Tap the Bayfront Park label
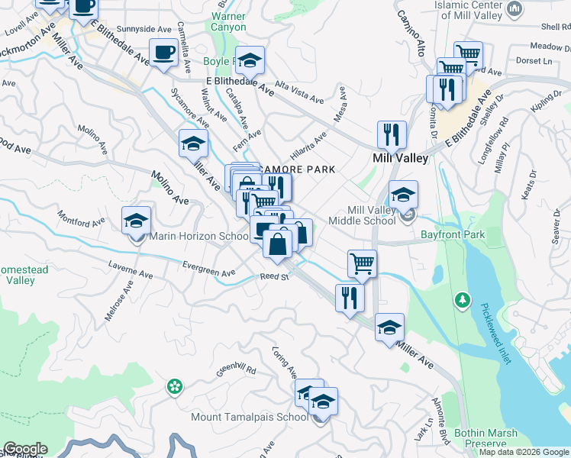pos(453,235)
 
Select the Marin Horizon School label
pos(199,237)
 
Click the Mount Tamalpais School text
pos(250,418)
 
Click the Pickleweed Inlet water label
pos(495,333)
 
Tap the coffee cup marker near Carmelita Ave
pos(163,53)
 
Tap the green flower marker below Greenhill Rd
pos(175,386)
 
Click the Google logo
pos(24,449)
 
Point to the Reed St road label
pos(273,277)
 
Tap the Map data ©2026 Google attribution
pos(523,453)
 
